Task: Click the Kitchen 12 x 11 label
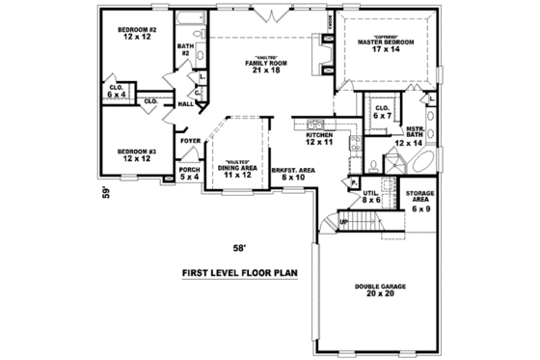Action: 319,138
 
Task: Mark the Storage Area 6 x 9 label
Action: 420,202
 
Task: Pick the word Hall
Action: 186,103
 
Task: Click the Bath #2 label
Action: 183,49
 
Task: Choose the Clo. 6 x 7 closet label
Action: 381,111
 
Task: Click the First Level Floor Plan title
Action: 240,273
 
